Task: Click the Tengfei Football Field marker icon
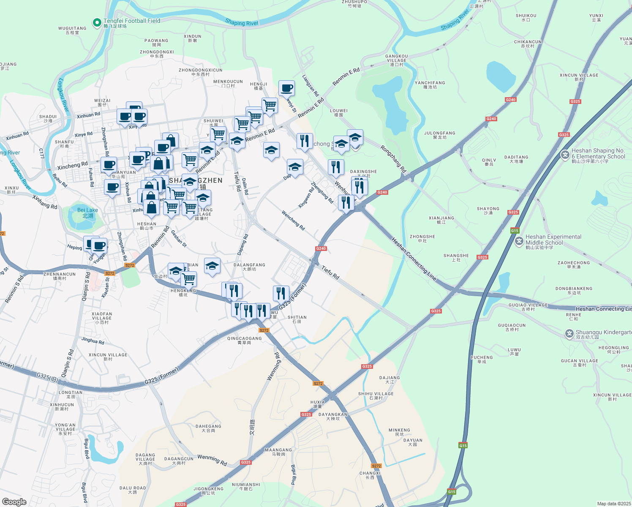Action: point(97,22)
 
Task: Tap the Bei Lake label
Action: point(87,213)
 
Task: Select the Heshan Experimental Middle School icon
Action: point(519,242)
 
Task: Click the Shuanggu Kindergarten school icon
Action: point(569,334)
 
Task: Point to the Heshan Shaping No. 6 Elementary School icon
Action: point(565,155)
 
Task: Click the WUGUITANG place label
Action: point(72,30)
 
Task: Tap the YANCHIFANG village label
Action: point(430,85)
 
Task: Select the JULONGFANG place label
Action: point(439,135)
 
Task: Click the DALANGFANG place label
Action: point(249,267)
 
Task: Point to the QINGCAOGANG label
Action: point(244,340)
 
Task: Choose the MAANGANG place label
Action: point(278,452)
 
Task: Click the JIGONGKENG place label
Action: point(208,491)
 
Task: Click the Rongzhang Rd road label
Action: point(393,159)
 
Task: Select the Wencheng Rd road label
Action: point(293,221)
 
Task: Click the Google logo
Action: point(14,502)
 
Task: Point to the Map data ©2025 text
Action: point(613,504)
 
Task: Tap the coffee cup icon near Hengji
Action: point(286,88)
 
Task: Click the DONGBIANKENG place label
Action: point(574,290)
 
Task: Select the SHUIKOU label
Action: point(526,17)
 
